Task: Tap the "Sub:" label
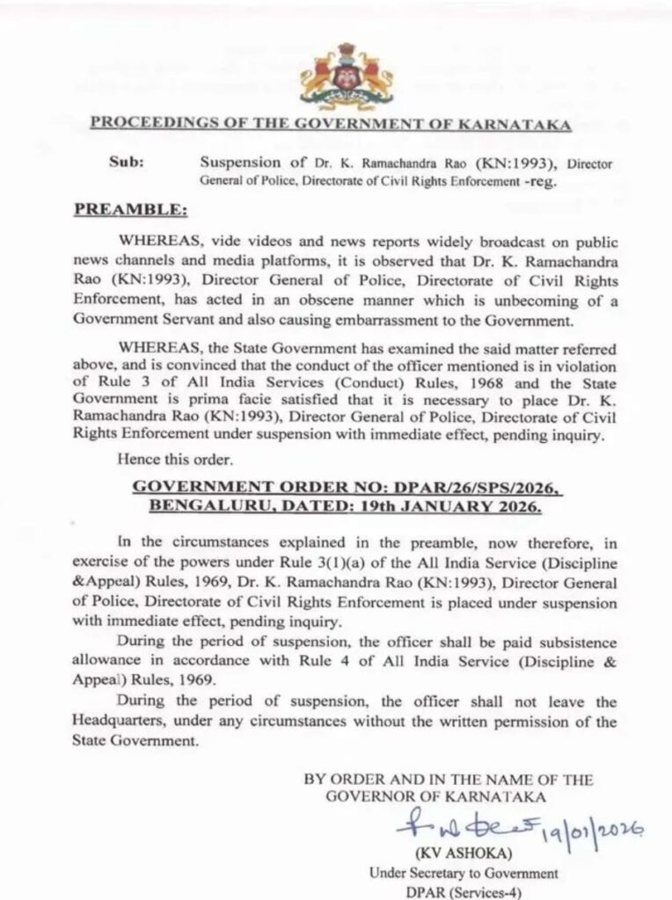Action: pos(123,163)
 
